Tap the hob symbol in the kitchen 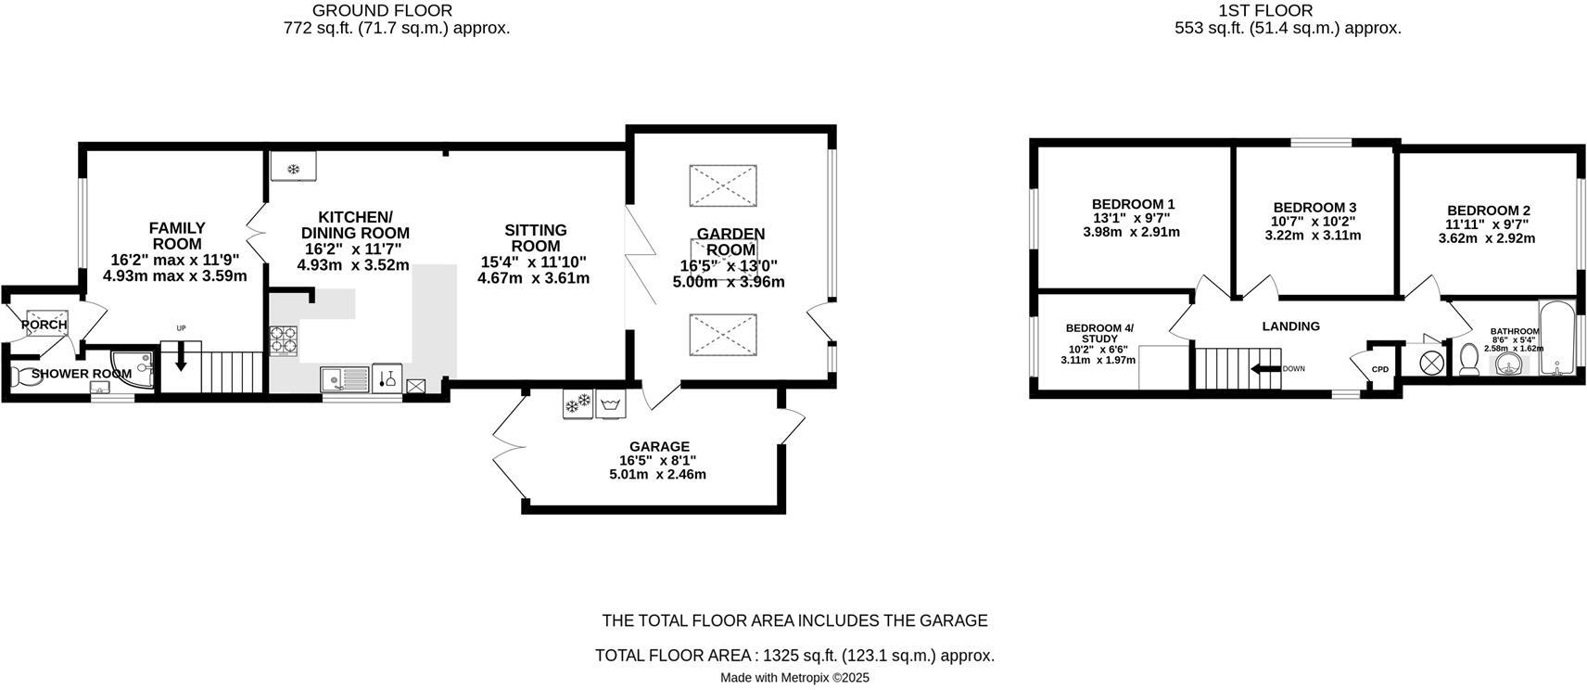[284, 340]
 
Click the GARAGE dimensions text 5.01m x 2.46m [657, 475]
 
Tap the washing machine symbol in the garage [610, 404]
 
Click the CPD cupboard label [1380, 369]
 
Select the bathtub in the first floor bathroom [1556, 338]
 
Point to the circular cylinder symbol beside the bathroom [1432, 360]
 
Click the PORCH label [44, 325]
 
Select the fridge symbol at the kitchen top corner [293, 168]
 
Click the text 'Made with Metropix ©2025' [794, 678]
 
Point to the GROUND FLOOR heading [382, 11]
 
